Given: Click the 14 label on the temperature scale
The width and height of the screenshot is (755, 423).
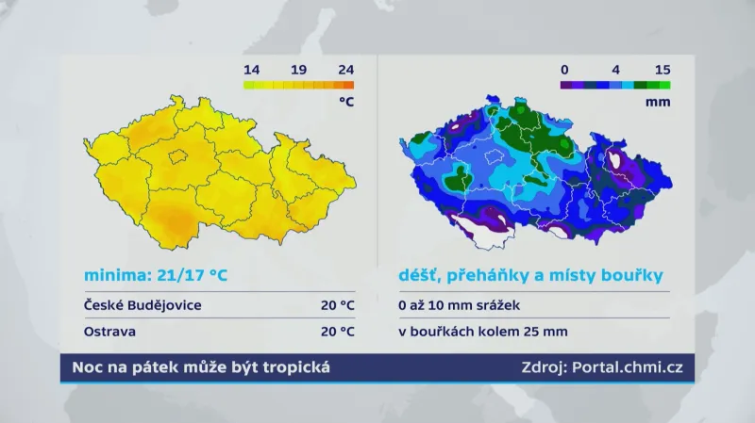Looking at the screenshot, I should tap(251, 69).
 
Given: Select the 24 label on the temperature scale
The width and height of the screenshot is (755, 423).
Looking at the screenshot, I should tap(345, 69).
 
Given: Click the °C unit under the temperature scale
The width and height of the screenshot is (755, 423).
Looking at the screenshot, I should tap(345, 103).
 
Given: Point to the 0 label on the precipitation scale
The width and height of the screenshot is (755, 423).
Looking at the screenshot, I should tap(563, 69).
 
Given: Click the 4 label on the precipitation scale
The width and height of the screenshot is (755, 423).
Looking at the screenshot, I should tap(614, 69).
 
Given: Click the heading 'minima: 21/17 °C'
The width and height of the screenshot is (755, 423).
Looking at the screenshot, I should tap(156, 275).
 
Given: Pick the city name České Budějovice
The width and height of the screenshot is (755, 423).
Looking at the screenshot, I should tap(143, 305).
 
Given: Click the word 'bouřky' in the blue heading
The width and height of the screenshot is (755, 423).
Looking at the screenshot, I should tap(630, 275).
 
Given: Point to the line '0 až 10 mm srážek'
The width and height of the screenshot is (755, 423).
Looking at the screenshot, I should tap(459, 305).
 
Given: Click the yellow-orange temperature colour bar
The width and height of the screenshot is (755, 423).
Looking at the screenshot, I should tap(298, 85).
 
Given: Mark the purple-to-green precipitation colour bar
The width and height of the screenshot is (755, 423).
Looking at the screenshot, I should tap(614, 85).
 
